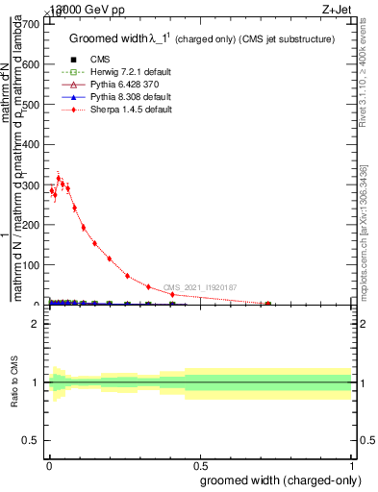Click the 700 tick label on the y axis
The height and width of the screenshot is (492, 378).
(x=30, y=23)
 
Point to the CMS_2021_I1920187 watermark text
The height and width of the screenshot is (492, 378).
(x=199, y=287)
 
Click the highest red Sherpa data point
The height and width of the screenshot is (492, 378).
(x=59, y=178)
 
